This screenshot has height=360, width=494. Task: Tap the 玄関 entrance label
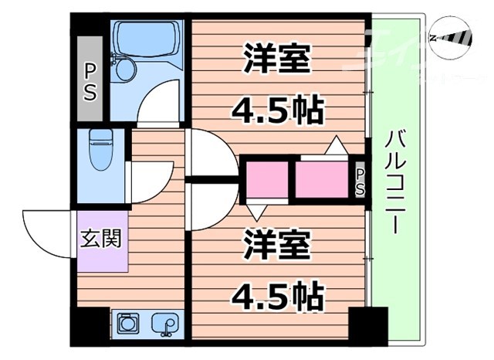click(x=100, y=238)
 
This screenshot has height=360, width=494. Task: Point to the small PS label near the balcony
click(x=360, y=180)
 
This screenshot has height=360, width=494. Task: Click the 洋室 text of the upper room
click(x=278, y=60)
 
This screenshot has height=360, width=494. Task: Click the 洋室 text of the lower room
click(x=278, y=245)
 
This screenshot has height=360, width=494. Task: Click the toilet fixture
click(x=100, y=151)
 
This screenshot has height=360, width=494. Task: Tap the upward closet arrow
click(x=336, y=145)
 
